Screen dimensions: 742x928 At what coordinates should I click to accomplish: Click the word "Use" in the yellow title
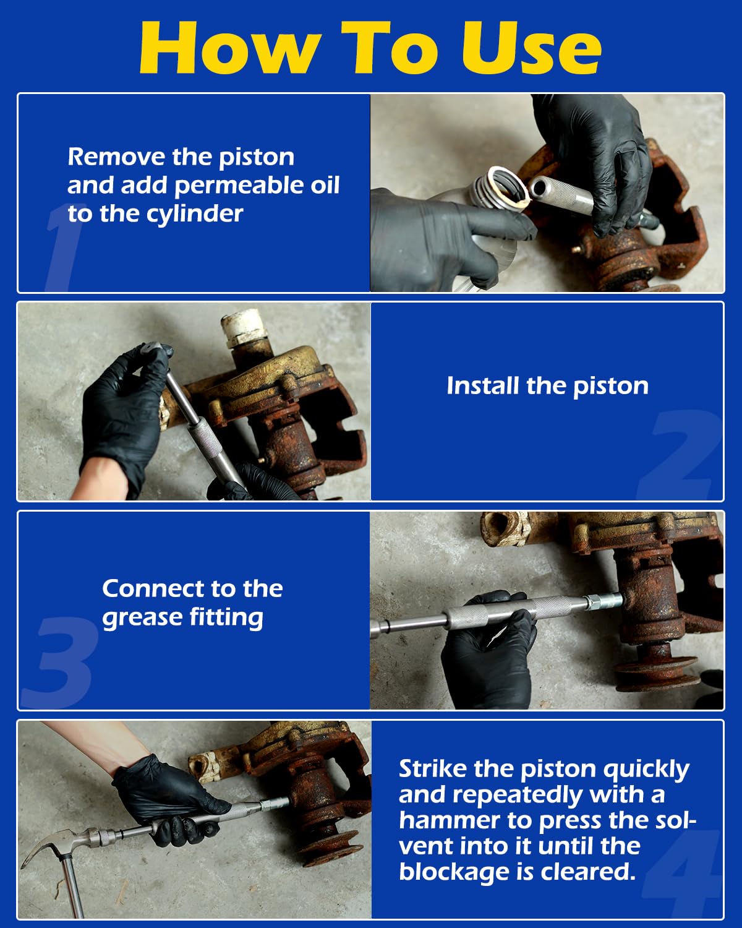531,48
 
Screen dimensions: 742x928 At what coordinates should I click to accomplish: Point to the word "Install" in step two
482,385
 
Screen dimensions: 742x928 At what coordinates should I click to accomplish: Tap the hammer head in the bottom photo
56,841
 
